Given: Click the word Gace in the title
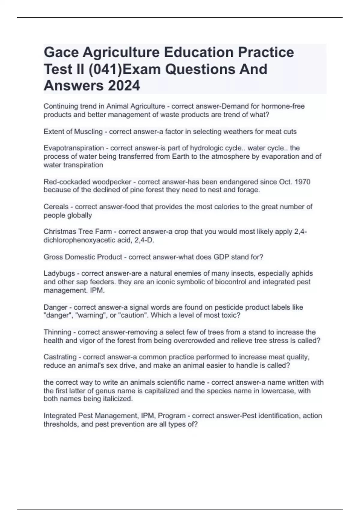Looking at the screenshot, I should pos(61,52).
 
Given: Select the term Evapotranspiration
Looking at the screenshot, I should pos(73,148).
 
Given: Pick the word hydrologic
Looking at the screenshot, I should pos(205,148).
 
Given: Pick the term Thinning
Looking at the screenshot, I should pos(57,332).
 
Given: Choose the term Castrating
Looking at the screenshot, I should pos(60,357).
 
